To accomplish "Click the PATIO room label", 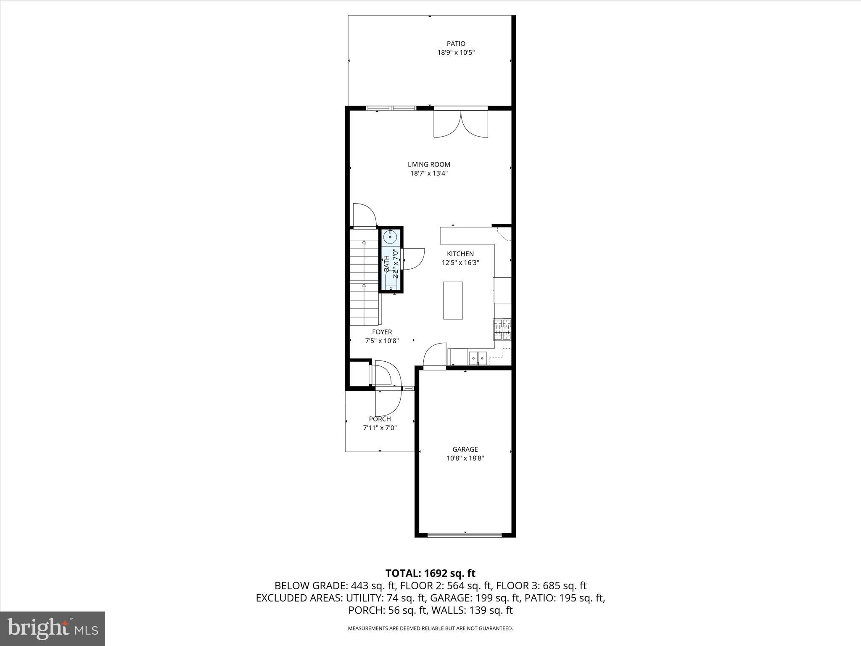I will pyautogui.click(x=456, y=44).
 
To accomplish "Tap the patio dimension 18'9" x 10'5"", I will pyautogui.click(x=456, y=53).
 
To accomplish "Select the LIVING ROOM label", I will pyautogui.click(x=429, y=164).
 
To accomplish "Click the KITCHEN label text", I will pyautogui.click(x=460, y=254).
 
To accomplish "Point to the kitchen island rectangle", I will pyautogui.click(x=453, y=300).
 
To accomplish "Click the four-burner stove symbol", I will pyautogui.click(x=502, y=329).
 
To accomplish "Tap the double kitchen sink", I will pyautogui.click(x=478, y=358).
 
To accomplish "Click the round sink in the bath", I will pyautogui.click(x=391, y=238).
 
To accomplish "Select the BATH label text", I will pyautogui.click(x=386, y=264).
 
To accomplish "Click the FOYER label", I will pyautogui.click(x=382, y=332).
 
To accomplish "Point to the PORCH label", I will pyautogui.click(x=380, y=419).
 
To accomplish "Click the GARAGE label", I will pyautogui.click(x=465, y=449).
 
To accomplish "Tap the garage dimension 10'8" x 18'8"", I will pyautogui.click(x=465, y=458).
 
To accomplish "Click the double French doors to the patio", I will pyautogui.click(x=461, y=123).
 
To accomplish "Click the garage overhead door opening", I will pyautogui.click(x=465, y=535).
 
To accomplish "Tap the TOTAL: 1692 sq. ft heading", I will pyautogui.click(x=430, y=573).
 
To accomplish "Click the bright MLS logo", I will pyautogui.click(x=53, y=628).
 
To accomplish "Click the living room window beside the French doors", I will pyautogui.click(x=391, y=109).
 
